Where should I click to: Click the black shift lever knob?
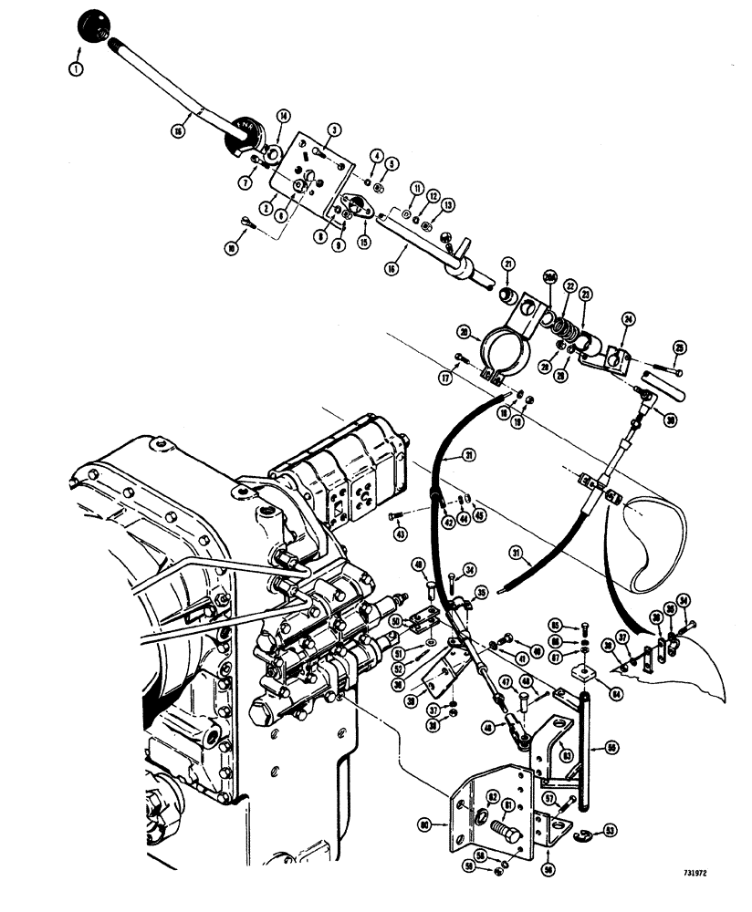point(93,24)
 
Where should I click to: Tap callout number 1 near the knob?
point(76,67)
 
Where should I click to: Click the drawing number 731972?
point(695,871)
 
